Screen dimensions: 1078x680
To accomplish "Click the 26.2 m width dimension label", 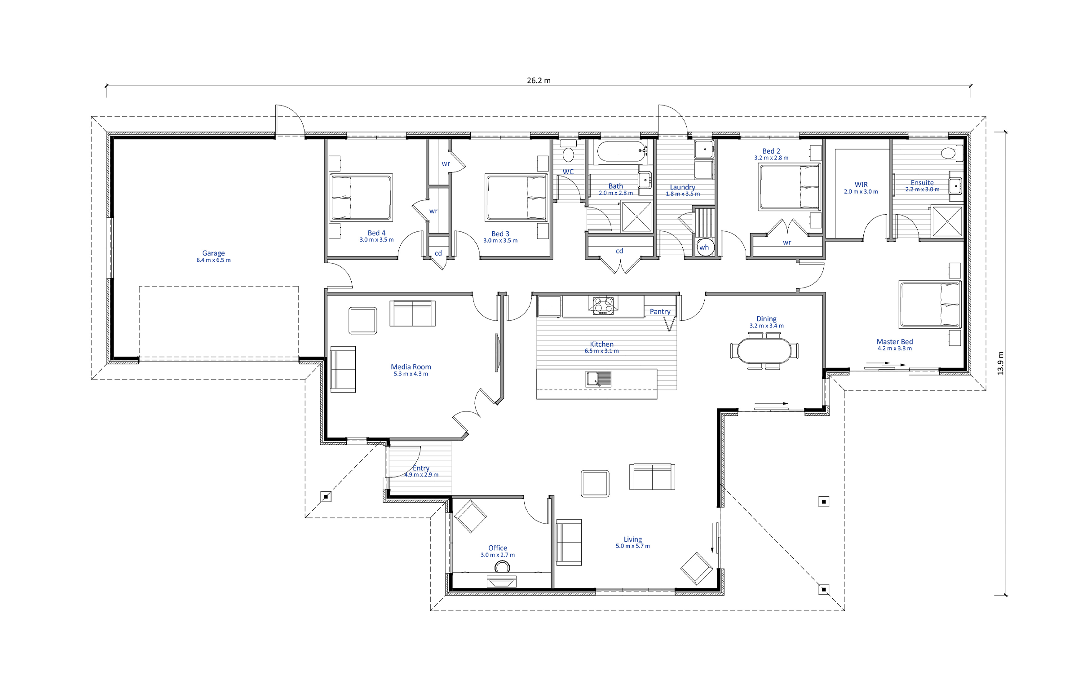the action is [539, 81].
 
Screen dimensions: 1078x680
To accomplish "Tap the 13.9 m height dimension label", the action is [1000, 363].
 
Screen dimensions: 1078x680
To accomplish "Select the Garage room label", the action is [213, 253].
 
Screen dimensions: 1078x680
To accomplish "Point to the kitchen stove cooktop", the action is [603, 305].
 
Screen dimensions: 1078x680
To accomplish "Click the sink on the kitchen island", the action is [599, 379].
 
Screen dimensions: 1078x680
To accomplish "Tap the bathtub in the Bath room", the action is [622, 151].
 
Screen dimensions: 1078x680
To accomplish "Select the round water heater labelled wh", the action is [704, 247].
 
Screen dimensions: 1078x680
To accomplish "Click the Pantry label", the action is [660, 311].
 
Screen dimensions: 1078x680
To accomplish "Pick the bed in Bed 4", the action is [361, 198].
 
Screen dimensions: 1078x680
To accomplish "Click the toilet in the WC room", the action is [568, 151].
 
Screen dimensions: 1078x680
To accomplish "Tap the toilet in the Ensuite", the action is [952, 153].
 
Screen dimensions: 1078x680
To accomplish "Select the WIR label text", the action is [861, 185].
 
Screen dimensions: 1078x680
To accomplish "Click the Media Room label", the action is [411, 367].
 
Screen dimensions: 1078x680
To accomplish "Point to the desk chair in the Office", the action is [502, 567].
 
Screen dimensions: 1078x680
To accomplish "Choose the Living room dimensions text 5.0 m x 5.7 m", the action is [632, 546].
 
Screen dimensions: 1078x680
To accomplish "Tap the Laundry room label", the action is [682, 187].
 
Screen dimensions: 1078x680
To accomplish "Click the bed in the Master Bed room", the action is [930, 305].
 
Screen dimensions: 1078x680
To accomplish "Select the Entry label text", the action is [421, 468].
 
